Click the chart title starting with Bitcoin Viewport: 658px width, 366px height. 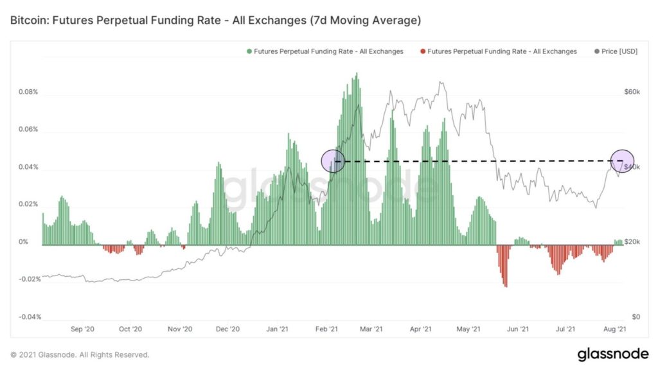215,21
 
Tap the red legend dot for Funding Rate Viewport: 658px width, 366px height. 422,51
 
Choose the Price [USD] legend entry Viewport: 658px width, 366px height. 618,51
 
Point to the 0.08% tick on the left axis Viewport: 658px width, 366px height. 28,92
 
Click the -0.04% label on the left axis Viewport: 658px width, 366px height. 27,317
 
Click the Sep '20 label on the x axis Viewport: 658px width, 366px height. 82,329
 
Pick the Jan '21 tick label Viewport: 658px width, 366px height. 276,329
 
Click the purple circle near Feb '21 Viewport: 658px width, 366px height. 333,161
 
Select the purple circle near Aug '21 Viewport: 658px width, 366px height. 622,161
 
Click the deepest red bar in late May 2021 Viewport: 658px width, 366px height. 506,285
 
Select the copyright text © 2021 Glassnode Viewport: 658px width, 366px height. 80,354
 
